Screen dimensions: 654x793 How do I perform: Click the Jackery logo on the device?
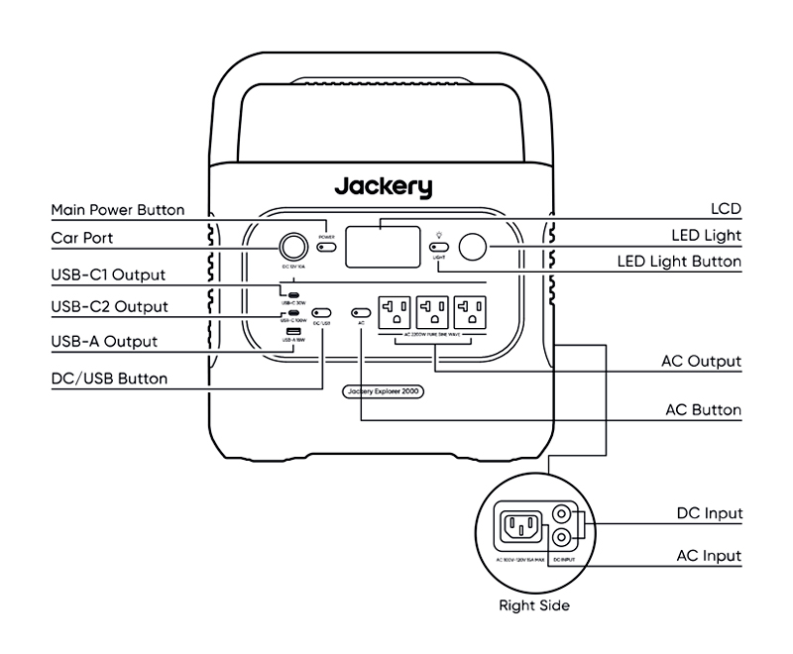(x=383, y=186)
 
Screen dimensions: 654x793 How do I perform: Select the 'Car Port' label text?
(x=82, y=238)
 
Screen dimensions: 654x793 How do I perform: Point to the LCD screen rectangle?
(x=382, y=246)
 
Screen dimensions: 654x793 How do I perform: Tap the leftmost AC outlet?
(x=396, y=312)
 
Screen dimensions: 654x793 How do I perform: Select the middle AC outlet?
(x=434, y=312)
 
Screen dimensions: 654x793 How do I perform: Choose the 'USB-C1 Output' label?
(x=108, y=274)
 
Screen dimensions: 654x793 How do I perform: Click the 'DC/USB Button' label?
(x=109, y=378)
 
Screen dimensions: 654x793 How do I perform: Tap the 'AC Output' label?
(x=702, y=361)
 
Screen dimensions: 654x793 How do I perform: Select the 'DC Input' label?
(x=709, y=513)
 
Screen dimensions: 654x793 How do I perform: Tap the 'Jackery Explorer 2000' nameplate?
(x=385, y=391)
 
